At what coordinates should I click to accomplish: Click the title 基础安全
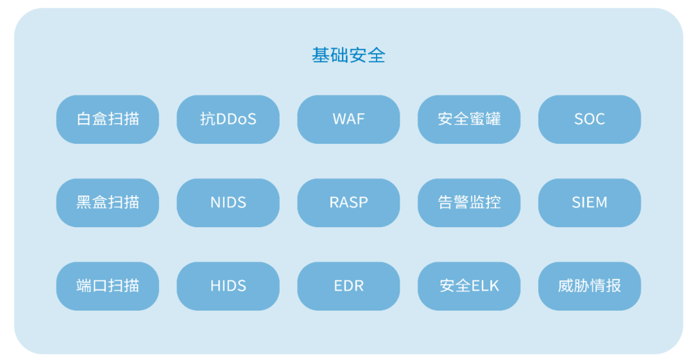(348, 55)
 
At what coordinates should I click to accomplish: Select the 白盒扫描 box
(107, 119)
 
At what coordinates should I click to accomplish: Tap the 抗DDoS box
(228, 119)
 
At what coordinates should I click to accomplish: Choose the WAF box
(348, 119)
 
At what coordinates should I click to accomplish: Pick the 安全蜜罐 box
(469, 119)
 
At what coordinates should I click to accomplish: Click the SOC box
(589, 119)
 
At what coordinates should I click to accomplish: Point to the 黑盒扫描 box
(107, 203)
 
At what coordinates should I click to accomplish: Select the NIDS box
(228, 203)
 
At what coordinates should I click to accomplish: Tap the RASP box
(348, 203)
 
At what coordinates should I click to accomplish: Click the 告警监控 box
(469, 203)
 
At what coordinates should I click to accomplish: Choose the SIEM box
(589, 203)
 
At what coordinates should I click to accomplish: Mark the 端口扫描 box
(107, 286)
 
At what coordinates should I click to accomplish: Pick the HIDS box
(228, 286)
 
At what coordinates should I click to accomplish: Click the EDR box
(348, 286)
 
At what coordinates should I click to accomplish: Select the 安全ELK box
(469, 286)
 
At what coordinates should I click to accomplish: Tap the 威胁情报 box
(589, 286)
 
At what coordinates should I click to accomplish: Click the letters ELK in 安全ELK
(485, 286)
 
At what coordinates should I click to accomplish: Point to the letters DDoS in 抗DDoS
(236, 119)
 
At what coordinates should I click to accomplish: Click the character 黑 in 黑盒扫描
(84, 203)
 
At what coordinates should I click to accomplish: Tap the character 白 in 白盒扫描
(84, 119)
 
